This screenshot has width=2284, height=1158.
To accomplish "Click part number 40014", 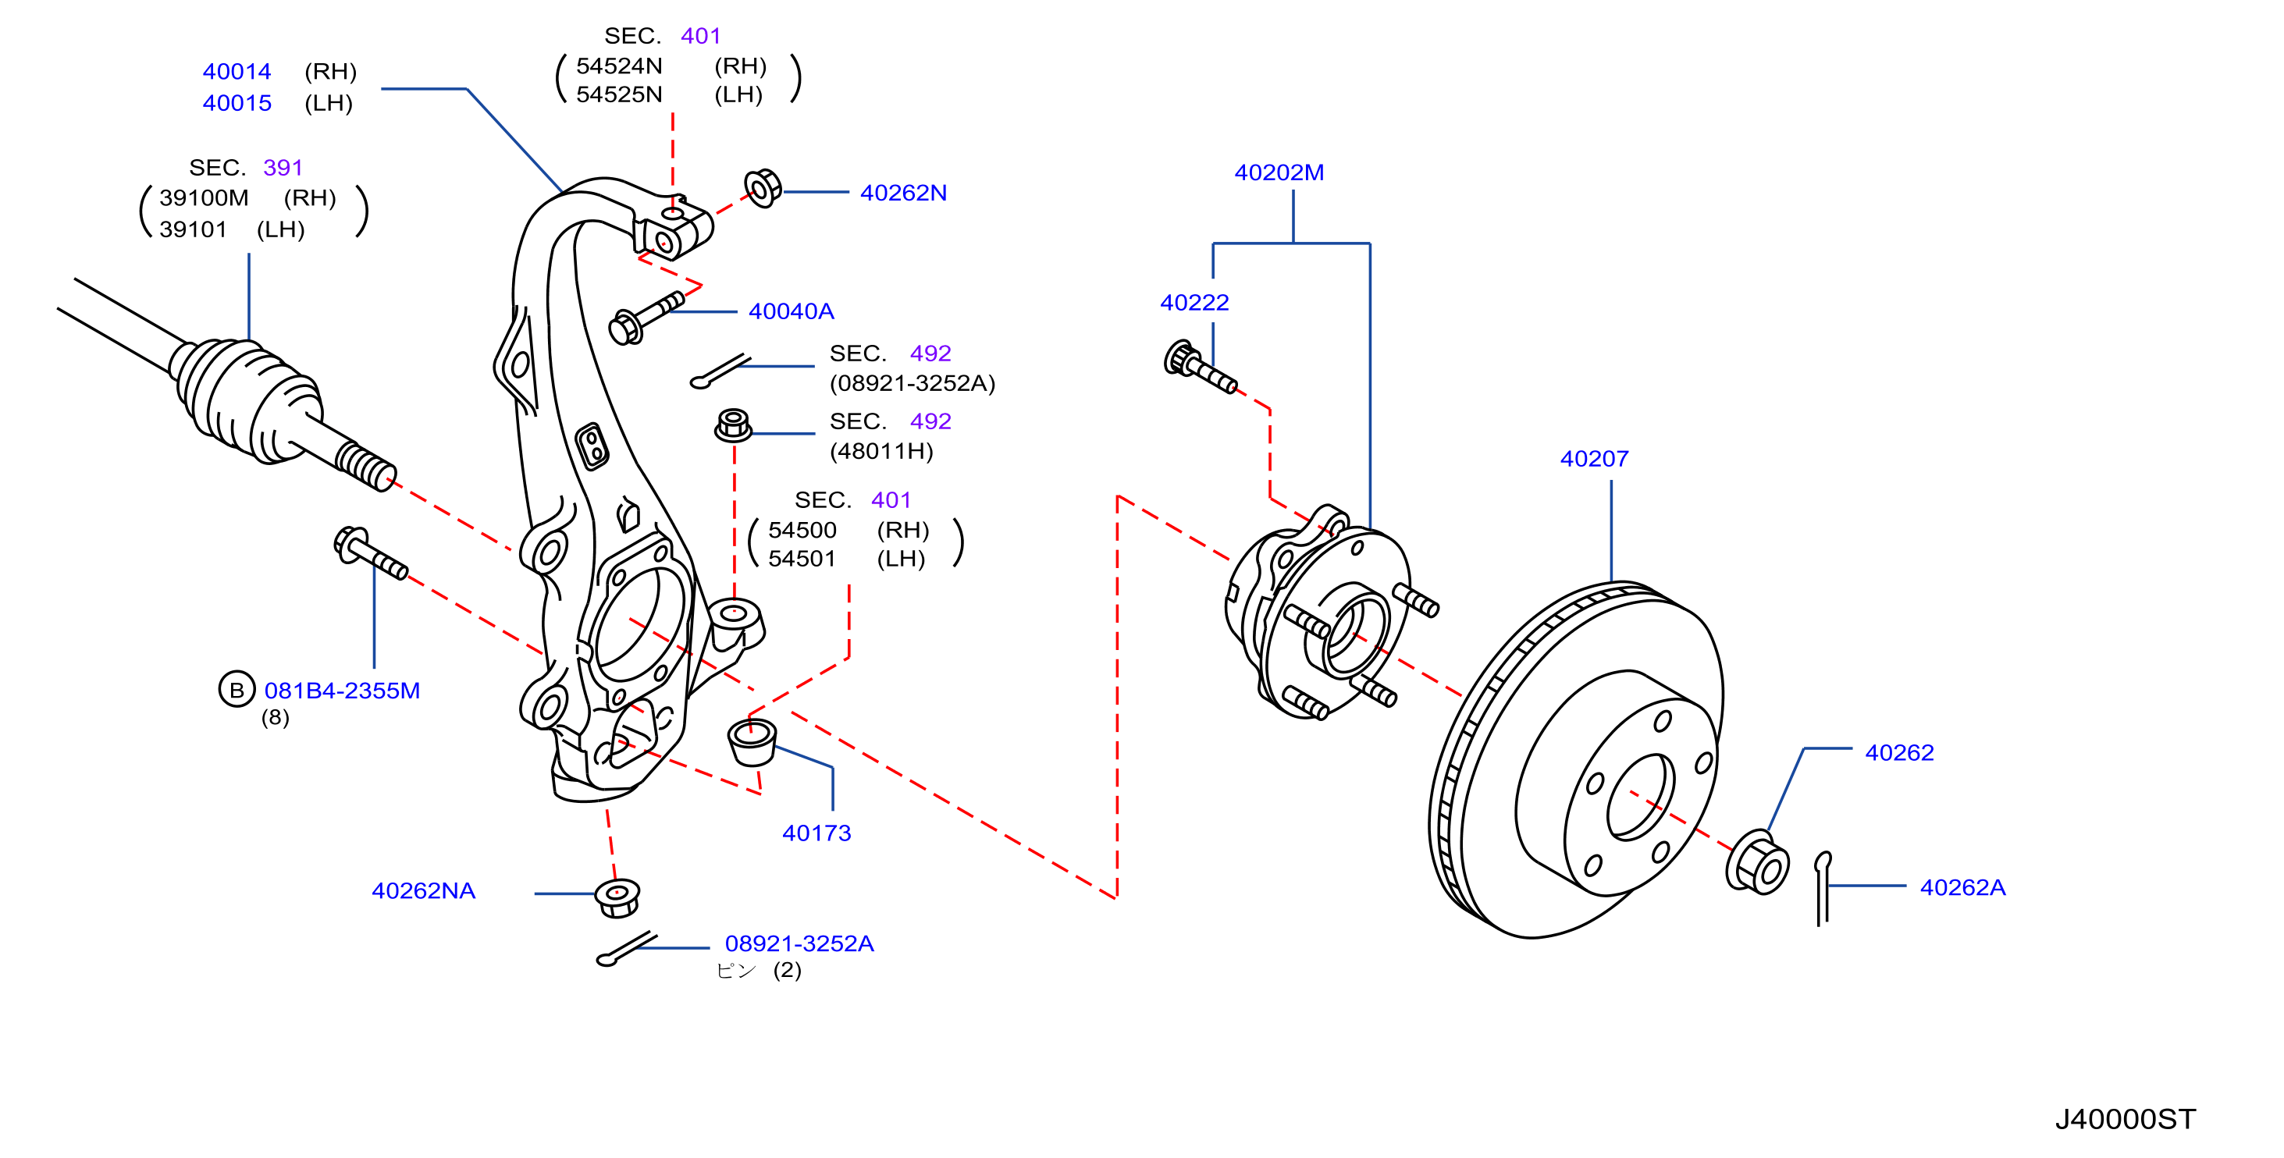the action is coord(237,71).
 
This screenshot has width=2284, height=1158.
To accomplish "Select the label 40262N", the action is coord(902,193).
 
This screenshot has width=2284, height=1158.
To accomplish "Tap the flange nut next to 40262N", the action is coord(763,188).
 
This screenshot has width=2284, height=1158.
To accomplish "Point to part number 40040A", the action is coord(791,311).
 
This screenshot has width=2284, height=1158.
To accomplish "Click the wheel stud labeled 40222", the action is coord(1200,366).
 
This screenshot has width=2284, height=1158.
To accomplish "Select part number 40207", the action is coord(1594,458).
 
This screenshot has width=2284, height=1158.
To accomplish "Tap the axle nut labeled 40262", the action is coord(1756,861).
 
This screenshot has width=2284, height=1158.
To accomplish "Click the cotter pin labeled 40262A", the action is coord(1822,889).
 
